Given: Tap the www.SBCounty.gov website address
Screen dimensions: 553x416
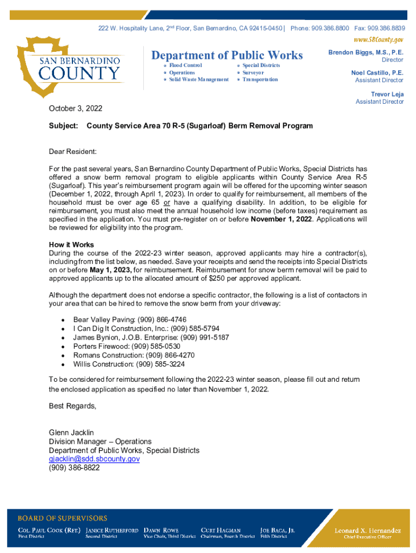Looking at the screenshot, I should [x=378, y=39].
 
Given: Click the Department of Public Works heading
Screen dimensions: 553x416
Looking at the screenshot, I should [x=227, y=55].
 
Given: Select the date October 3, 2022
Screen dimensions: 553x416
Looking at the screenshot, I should [x=75, y=109].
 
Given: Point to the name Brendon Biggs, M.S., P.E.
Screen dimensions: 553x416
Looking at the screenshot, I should [x=366, y=52].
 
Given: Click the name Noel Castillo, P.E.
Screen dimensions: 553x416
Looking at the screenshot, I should [x=377, y=72].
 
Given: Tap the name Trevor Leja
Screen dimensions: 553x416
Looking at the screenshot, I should [x=387, y=94].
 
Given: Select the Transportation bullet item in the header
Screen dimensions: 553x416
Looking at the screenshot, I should [x=260, y=79].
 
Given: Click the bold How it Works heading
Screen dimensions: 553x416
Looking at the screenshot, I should [x=71, y=245].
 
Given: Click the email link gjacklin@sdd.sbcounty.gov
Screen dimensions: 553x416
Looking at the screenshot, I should [x=94, y=458].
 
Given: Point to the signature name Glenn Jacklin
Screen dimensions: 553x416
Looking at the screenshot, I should [x=71, y=433].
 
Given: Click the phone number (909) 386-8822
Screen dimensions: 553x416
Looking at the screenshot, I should [x=74, y=468].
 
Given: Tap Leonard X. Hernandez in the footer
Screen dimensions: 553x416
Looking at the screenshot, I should [x=368, y=530].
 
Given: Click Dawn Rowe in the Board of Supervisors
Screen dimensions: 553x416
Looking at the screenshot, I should [x=161, y=530].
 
